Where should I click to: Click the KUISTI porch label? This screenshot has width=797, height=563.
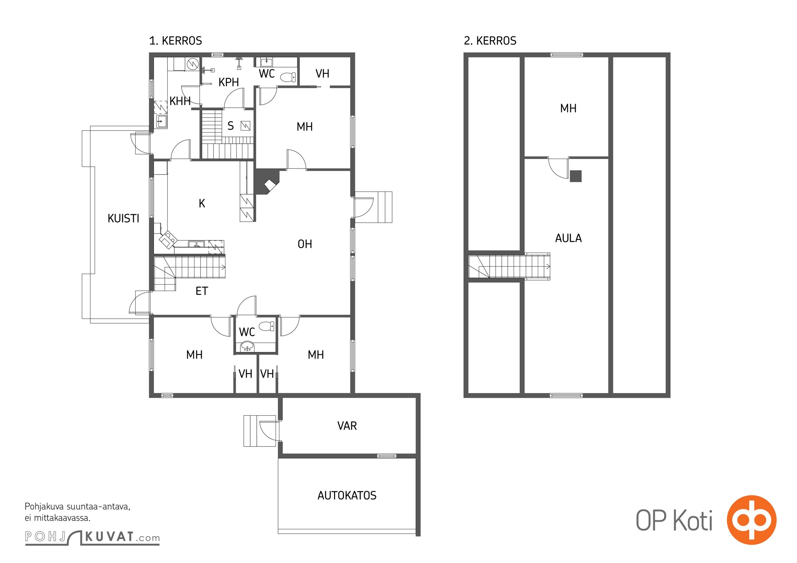(123, 219)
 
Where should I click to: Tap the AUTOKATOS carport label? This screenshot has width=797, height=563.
(347, 495)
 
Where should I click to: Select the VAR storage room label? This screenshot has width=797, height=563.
(347, 426)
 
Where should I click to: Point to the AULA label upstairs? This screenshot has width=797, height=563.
(568, 238)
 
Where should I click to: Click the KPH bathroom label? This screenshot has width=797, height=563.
(229, 82)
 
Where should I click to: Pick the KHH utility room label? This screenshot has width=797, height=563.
(180, 101)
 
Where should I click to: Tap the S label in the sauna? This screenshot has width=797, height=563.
(231, 126)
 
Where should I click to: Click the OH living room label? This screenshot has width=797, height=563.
(305, 244)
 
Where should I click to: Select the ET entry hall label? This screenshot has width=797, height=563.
(202, 291)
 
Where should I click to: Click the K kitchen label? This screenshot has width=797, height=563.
(202, 203)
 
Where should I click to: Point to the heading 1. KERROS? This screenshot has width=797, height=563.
(175, 41)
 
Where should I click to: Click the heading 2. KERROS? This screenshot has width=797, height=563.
(490, 41)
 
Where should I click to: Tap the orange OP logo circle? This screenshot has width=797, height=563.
(752, 520)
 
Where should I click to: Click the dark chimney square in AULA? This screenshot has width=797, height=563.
(576, 176)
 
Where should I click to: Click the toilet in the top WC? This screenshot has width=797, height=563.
(288, 77)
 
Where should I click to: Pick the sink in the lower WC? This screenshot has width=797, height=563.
(247, 347)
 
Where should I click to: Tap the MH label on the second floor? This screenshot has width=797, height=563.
(568, 108)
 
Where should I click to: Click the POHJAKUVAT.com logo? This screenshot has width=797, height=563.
(92, 537)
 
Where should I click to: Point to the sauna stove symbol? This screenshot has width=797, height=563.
(246, 126)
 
